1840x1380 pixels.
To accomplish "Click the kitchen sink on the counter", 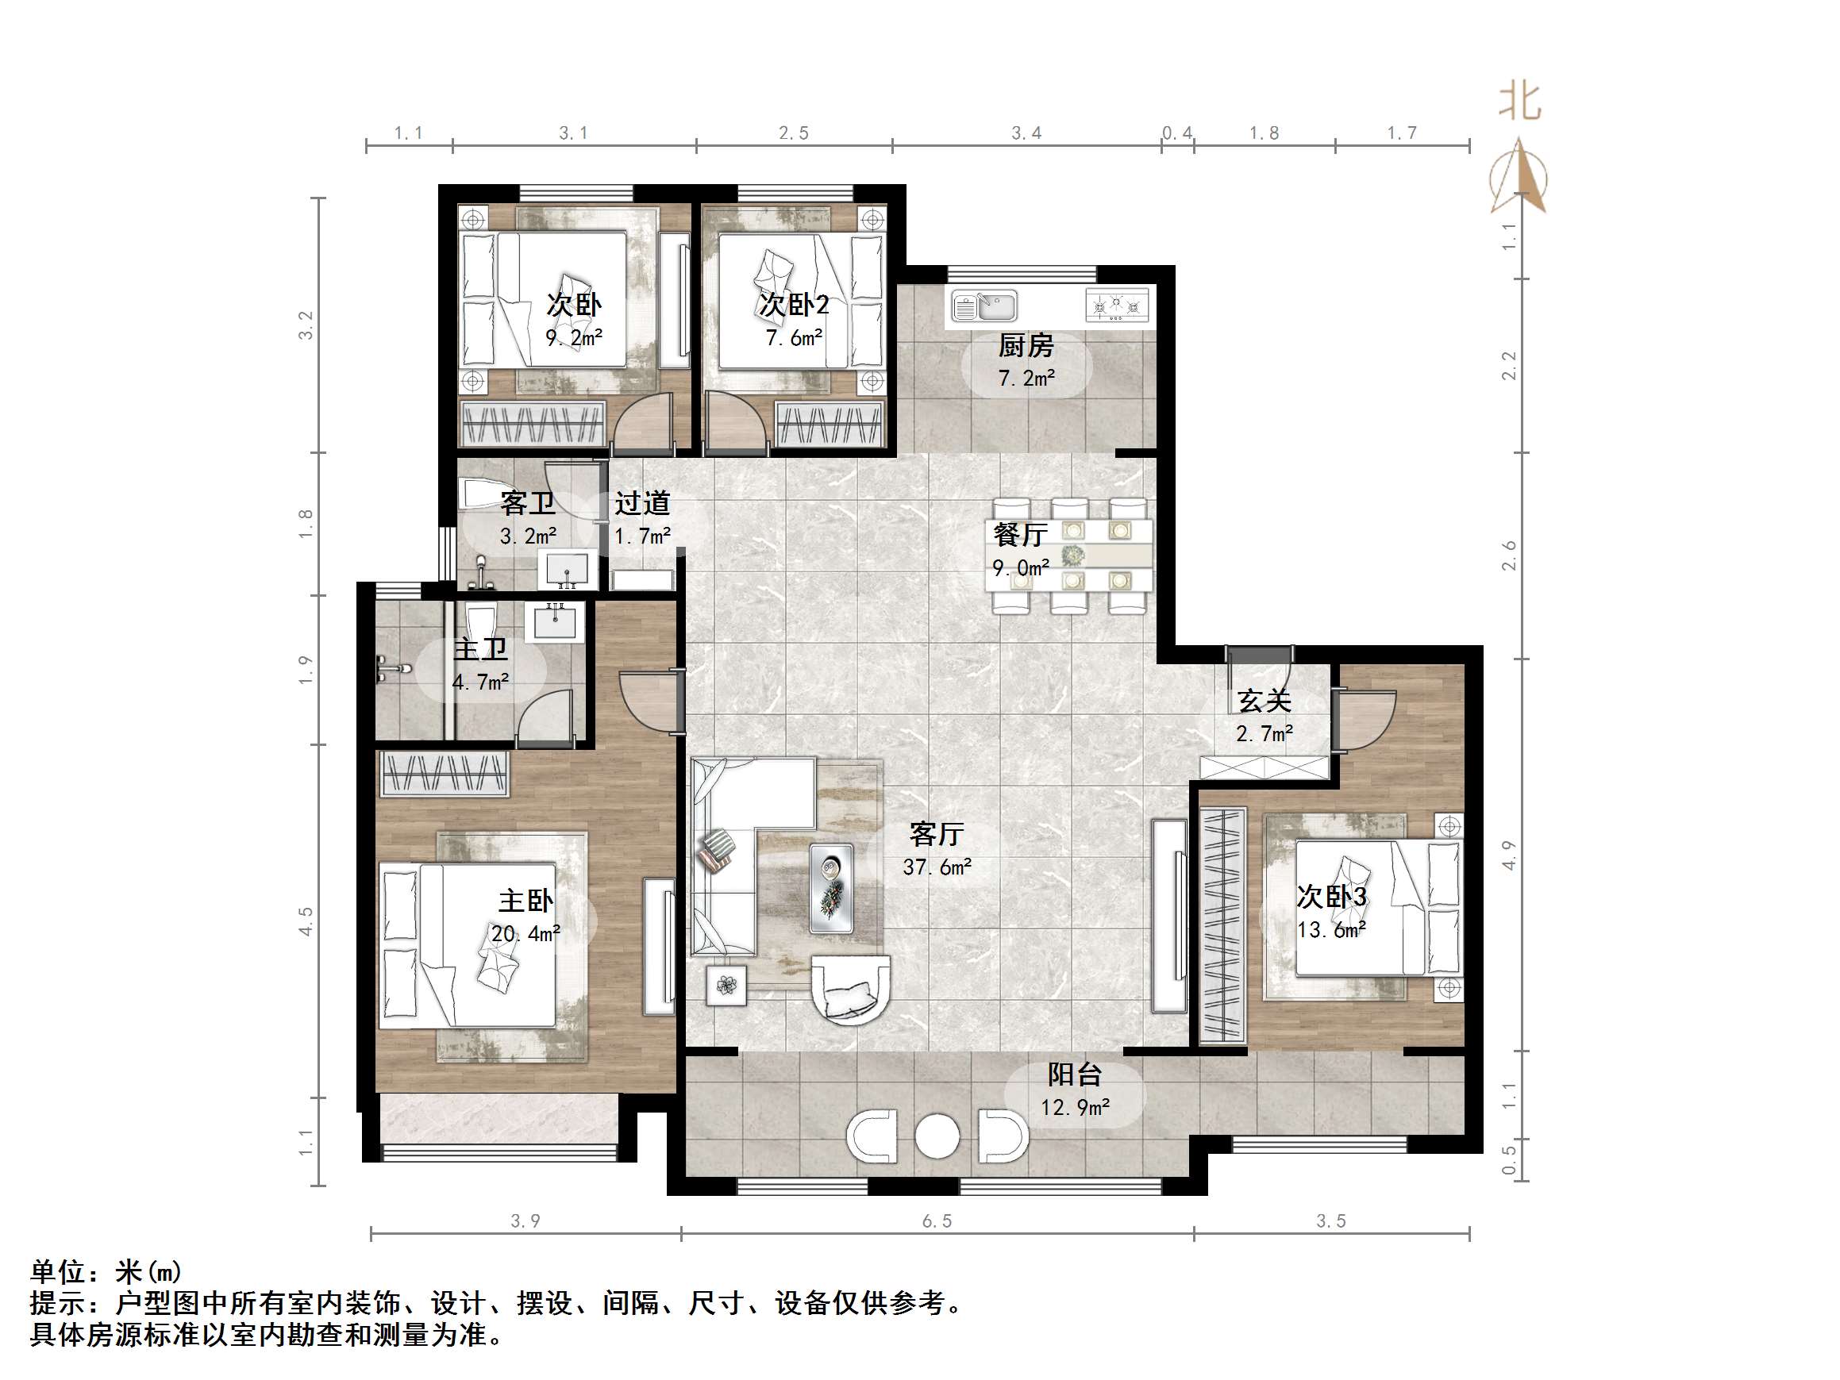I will point(985,306).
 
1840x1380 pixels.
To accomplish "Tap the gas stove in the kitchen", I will point(1117,306).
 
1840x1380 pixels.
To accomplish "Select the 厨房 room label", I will point(1026,345).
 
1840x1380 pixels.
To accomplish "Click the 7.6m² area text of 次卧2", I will point(794,338).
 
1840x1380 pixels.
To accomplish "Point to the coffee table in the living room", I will point(831,887).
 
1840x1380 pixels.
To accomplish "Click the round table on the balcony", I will point(937,1136).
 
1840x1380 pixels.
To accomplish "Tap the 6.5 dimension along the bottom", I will point(937,1221).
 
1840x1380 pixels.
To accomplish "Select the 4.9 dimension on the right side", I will point(1509,855).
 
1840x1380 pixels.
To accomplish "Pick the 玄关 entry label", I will point(1264,702).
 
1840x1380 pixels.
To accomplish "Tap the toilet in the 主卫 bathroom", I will point(481,622).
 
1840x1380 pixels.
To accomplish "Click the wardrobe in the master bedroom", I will point(445,775).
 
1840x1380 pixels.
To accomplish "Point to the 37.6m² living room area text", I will point(937,867).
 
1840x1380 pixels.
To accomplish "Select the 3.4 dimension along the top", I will point(1026,133).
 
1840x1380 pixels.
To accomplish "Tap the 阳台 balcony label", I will point(1074,1074).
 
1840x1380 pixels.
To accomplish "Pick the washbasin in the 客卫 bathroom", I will point(568,570).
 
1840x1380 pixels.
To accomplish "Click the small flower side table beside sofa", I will point(726,986).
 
